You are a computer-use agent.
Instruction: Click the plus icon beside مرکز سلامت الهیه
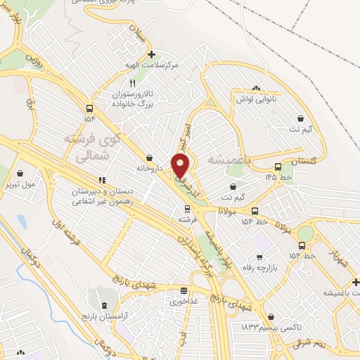(152, 53)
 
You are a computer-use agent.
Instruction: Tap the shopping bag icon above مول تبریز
(20, 173)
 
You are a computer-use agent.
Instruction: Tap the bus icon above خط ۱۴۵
(278, 167)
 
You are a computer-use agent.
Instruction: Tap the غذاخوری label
(184, 301)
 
